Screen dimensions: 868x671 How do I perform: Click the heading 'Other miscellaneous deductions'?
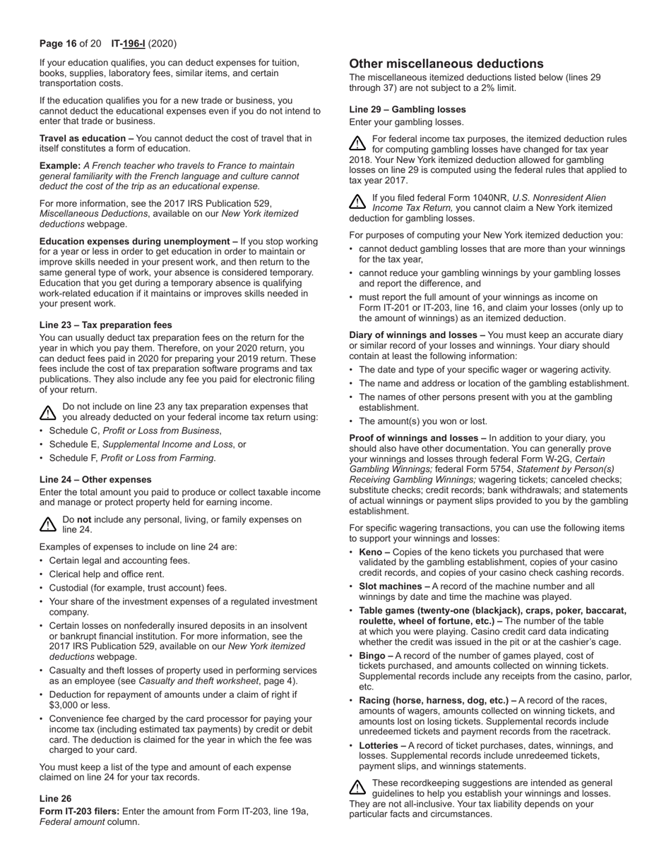(x=446, y=64)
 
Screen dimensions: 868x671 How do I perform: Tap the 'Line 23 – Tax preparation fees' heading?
(x=105, y=325)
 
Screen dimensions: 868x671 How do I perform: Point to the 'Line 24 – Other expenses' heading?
(x=95, y=480)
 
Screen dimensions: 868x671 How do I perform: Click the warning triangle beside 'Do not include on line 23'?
(x=47, y=412)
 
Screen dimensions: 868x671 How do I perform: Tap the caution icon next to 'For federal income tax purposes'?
(x=357, y=143)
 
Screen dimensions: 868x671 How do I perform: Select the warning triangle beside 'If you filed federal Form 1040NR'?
(x=357, y=202)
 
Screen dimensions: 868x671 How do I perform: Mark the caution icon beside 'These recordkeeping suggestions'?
(x=357, y=787)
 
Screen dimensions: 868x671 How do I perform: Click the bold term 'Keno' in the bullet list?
(x=370, y=553)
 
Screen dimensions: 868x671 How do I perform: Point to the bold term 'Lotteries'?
(x=379, y=746)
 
